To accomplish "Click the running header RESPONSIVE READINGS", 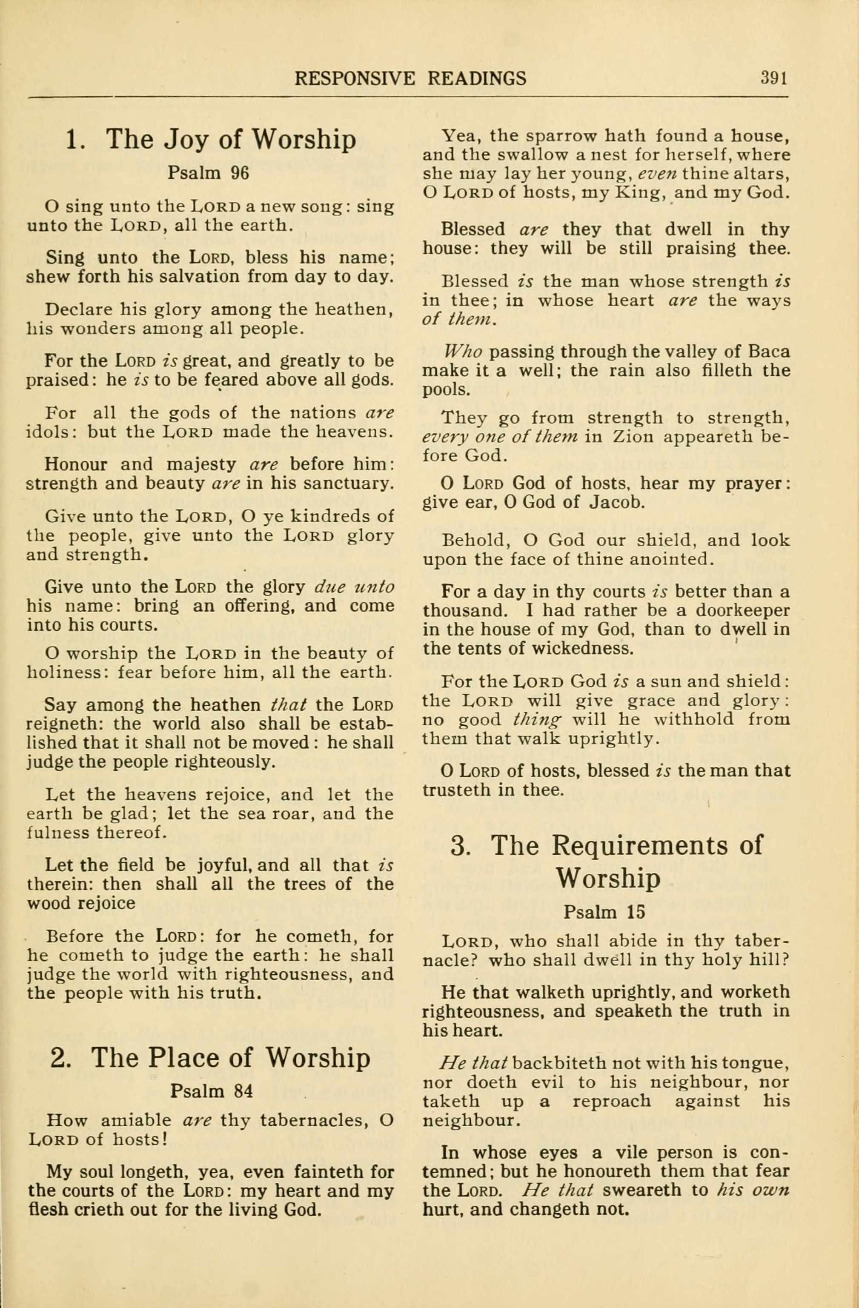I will (410, 79).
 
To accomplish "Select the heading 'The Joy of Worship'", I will (230, 140).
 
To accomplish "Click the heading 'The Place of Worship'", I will (230, 1057).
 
